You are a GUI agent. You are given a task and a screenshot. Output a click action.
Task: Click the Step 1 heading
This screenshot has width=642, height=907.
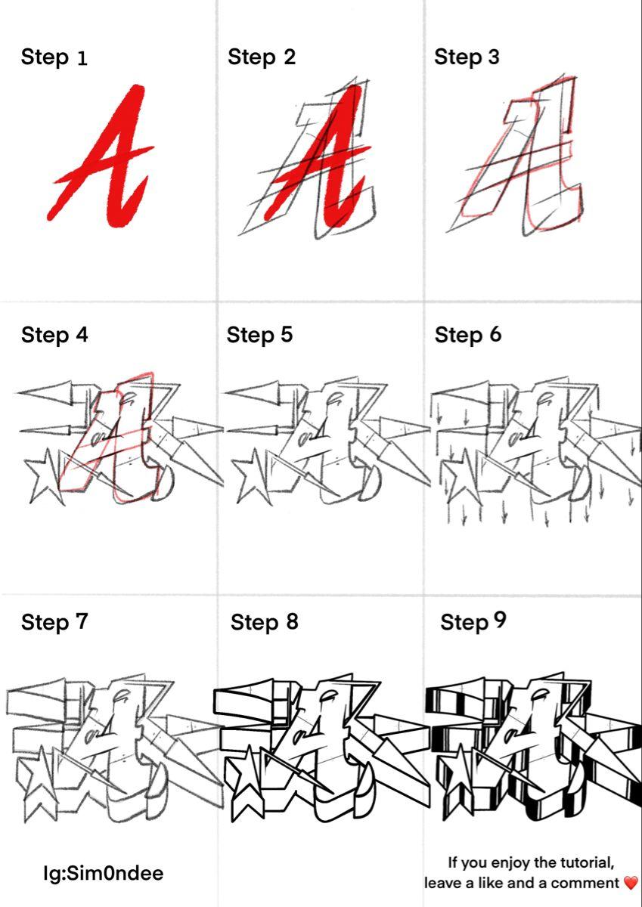coord(54,57)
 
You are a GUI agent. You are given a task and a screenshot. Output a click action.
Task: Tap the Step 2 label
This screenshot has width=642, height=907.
coord(262,57)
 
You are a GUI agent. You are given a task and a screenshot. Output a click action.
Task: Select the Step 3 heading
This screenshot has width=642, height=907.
coord(467,57)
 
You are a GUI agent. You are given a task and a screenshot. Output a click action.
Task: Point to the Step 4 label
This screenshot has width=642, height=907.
coord(54,336)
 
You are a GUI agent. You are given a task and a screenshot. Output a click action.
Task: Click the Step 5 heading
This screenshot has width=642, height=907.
coord(259,336)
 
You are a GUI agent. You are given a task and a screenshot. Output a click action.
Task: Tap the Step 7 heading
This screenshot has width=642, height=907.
coord(54,622)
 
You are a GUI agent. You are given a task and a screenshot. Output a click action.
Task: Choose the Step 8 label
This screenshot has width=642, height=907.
coord(264,622)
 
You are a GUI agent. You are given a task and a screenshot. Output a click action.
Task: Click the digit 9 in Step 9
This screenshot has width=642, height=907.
coord(500,620)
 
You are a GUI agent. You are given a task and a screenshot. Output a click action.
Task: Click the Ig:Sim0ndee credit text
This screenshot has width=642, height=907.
coord(104,873)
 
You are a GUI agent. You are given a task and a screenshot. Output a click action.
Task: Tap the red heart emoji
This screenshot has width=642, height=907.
coord(631,883)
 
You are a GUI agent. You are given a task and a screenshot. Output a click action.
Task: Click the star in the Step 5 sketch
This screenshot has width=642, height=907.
coord(253,477)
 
